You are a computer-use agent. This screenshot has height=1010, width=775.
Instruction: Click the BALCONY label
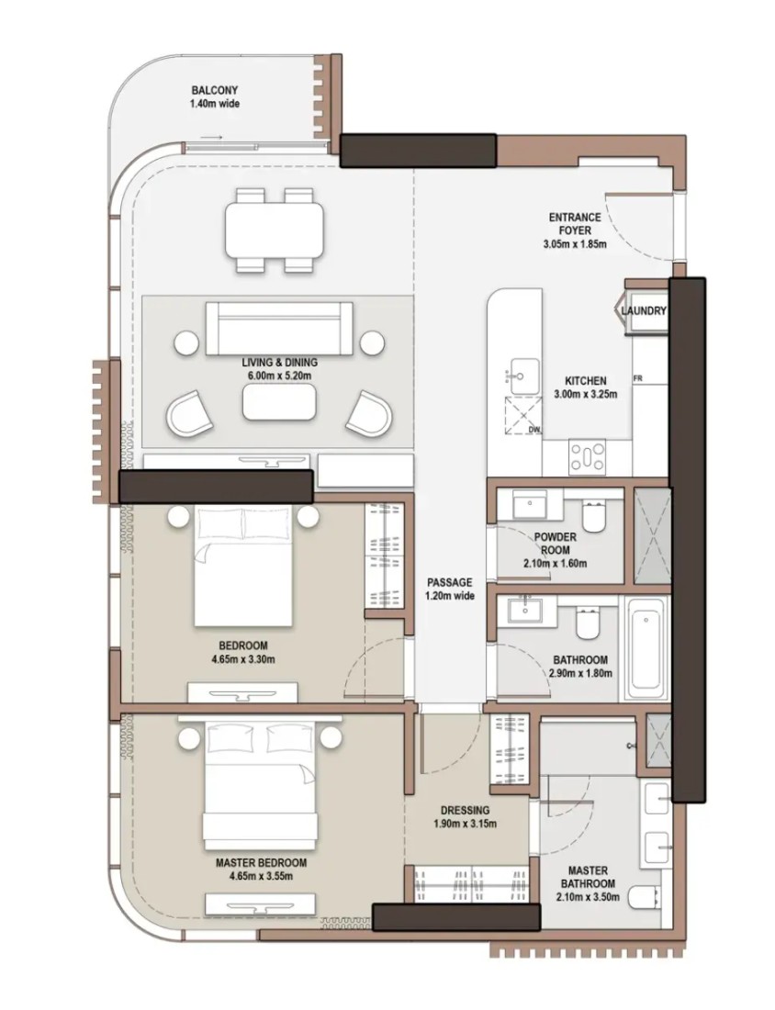(x=215, y=91)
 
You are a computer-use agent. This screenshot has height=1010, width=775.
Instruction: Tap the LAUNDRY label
(x=643, y=311)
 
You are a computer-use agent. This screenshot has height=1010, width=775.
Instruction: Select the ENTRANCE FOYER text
(x=575, y=223)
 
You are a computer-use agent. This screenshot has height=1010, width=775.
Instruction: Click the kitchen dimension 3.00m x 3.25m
(x=586, y=394)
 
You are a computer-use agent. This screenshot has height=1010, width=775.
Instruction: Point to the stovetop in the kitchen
(x=588, y=456)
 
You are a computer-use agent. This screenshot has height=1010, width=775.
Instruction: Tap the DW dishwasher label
(x=534, y=430)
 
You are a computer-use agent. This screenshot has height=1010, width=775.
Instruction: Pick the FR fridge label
(x=638, y=378)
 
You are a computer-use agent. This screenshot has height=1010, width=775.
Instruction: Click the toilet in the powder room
(x=593, y=516)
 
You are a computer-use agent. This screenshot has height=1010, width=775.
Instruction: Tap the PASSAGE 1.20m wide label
(x=450, y=589)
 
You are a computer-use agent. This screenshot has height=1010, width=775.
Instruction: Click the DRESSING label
(x=465, y=811)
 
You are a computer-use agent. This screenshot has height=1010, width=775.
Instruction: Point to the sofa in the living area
(x=279, y=329)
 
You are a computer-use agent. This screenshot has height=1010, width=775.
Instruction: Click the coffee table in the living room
(x=279, y=402)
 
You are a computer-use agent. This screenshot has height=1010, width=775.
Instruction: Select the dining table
(x=275, y=230)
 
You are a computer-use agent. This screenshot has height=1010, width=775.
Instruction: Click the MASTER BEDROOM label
(x=261, y=862)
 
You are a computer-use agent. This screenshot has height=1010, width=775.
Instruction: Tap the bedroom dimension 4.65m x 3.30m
(x=242, y=659)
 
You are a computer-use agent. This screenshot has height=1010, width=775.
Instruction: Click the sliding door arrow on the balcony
(x=211, y=137)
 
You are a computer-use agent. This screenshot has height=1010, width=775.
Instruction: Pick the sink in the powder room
(x=530, y=503)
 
